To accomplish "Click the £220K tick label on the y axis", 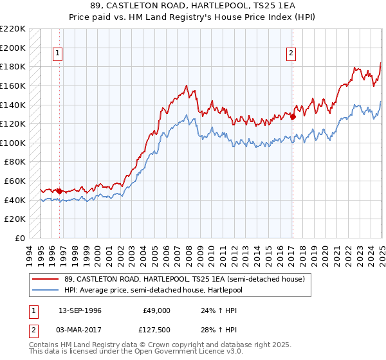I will pos(13,29).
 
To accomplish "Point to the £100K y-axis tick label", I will pos(13,143).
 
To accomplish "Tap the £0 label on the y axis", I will pos(19,238).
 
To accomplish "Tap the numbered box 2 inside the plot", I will pos(291,53).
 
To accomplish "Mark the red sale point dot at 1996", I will pos(59,191).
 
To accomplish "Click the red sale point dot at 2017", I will pos(293,117).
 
